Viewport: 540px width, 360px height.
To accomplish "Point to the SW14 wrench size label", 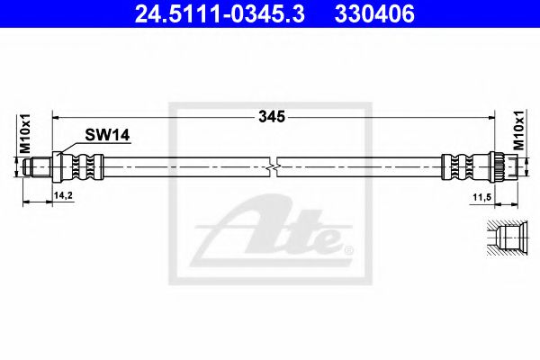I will coord(108,135).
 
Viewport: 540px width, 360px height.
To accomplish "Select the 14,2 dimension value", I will coord(63,193).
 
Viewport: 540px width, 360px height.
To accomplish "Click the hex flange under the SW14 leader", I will coord(58,166).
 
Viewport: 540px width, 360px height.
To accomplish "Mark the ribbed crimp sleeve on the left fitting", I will coord(83,166).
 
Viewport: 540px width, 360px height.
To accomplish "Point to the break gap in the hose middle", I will coord(274,166).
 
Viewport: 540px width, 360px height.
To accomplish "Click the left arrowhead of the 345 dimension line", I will coord(57,116).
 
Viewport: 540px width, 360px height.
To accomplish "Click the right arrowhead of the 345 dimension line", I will coord(491,116).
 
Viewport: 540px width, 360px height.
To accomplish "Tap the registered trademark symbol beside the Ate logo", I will coord(348,247).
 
